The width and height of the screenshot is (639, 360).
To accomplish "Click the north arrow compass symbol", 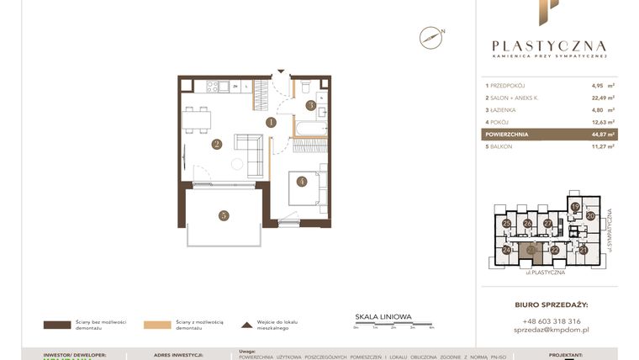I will tap(431, 37).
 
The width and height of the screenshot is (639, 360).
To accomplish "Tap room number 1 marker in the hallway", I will tap(271, 122).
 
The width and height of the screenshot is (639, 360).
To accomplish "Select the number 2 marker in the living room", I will tap(216, 144).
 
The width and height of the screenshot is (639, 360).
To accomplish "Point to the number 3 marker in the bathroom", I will tap(310, 105).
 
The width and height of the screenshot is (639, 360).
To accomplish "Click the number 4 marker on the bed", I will tap(301, 181).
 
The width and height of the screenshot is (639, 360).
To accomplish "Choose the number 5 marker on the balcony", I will tap(223, 215).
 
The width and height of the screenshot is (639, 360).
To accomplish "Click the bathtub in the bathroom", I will tap(309, 129).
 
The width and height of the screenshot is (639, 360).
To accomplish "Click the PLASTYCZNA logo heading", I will tap(548, 46).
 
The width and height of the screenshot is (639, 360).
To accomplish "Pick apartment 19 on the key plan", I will tap(575, 206).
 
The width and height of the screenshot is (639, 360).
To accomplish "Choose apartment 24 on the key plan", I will tap(507, 250).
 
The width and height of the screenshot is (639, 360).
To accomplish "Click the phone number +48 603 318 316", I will tap(550, 320).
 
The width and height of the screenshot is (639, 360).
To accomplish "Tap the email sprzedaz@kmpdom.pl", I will tap(550, 331).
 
